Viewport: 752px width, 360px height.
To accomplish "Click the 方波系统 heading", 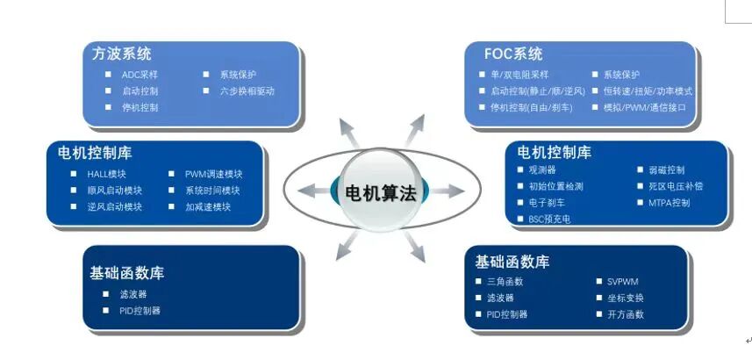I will coord(121,54).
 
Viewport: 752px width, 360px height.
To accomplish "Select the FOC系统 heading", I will coord(513,54).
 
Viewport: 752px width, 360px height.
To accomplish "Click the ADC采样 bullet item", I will coord(140,75).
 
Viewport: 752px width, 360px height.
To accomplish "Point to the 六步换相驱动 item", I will coord(247,91).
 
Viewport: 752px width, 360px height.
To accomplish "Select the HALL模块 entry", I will coord(106,174).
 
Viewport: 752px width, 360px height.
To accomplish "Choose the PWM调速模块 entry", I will coord(213,174).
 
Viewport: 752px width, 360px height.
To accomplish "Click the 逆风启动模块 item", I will coord(114,207).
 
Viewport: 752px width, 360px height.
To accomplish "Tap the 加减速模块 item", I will coord(208,207).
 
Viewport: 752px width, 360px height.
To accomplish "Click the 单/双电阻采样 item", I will coord(519,75).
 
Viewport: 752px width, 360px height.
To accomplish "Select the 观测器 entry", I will coord(542,169).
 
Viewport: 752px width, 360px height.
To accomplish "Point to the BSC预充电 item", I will coord(549,220).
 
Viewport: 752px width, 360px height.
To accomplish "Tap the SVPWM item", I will coord(623,282).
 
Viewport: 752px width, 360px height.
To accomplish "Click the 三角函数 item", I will coord(505,282).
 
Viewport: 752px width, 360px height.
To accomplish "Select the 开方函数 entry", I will coord(626,314).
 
